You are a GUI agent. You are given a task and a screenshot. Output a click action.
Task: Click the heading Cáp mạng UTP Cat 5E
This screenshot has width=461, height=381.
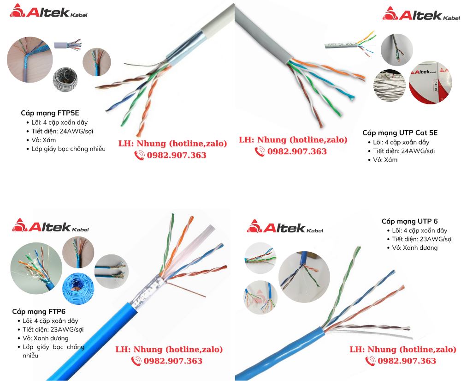(400, 133)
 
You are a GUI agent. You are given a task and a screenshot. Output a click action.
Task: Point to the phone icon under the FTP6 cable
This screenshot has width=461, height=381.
(136, 361)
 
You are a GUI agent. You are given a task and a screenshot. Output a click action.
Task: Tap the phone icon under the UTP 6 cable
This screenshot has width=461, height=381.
(370, 361)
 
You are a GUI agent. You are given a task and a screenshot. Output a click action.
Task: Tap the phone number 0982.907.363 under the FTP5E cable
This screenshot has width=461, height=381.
(177, 156)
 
